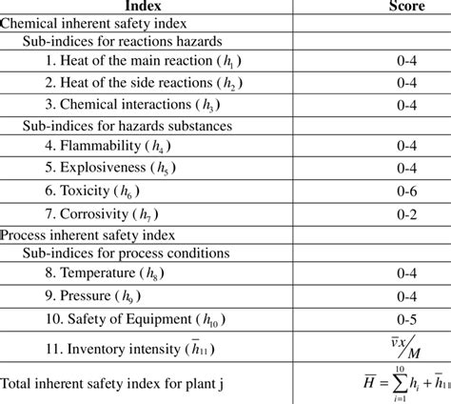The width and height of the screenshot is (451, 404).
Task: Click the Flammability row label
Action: pos(118,147)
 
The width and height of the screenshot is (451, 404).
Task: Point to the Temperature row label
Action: pos(119,274)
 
